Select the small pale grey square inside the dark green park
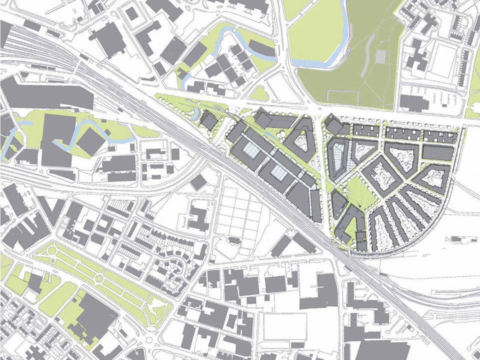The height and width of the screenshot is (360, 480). coord(381,54)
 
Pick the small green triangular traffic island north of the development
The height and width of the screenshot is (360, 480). coord(259,93)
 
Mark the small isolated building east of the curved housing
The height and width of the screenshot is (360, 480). coord(460,238)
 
